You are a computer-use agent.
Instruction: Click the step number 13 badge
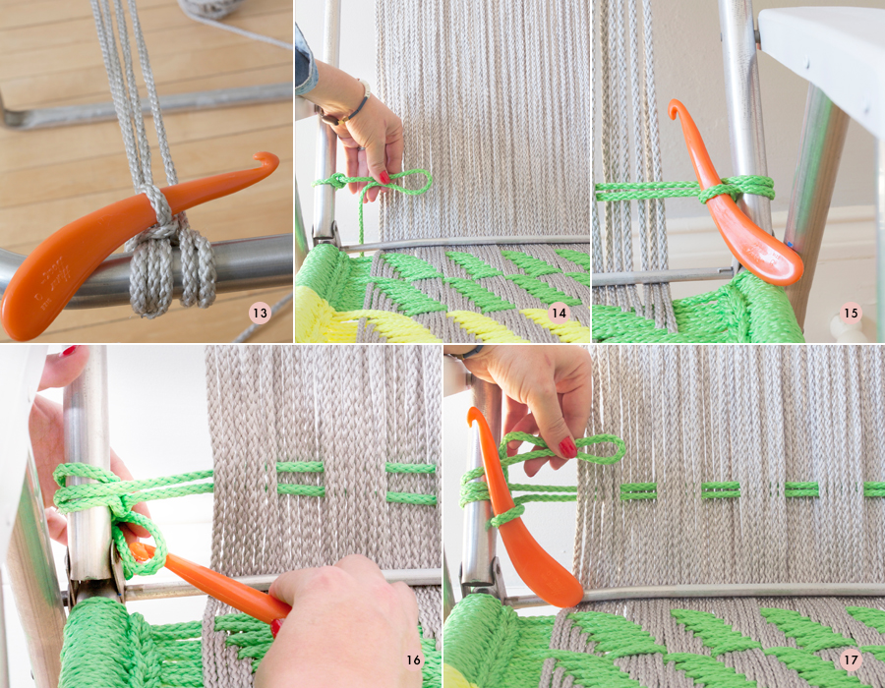point(260,315)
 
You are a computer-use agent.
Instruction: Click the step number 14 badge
point(559,315)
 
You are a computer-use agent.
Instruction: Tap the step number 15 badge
point(852,315)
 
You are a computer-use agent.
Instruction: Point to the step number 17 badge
point(853,659)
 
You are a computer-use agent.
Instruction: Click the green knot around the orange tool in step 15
point(716,189)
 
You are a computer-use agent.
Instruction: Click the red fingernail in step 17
point(568,448)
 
